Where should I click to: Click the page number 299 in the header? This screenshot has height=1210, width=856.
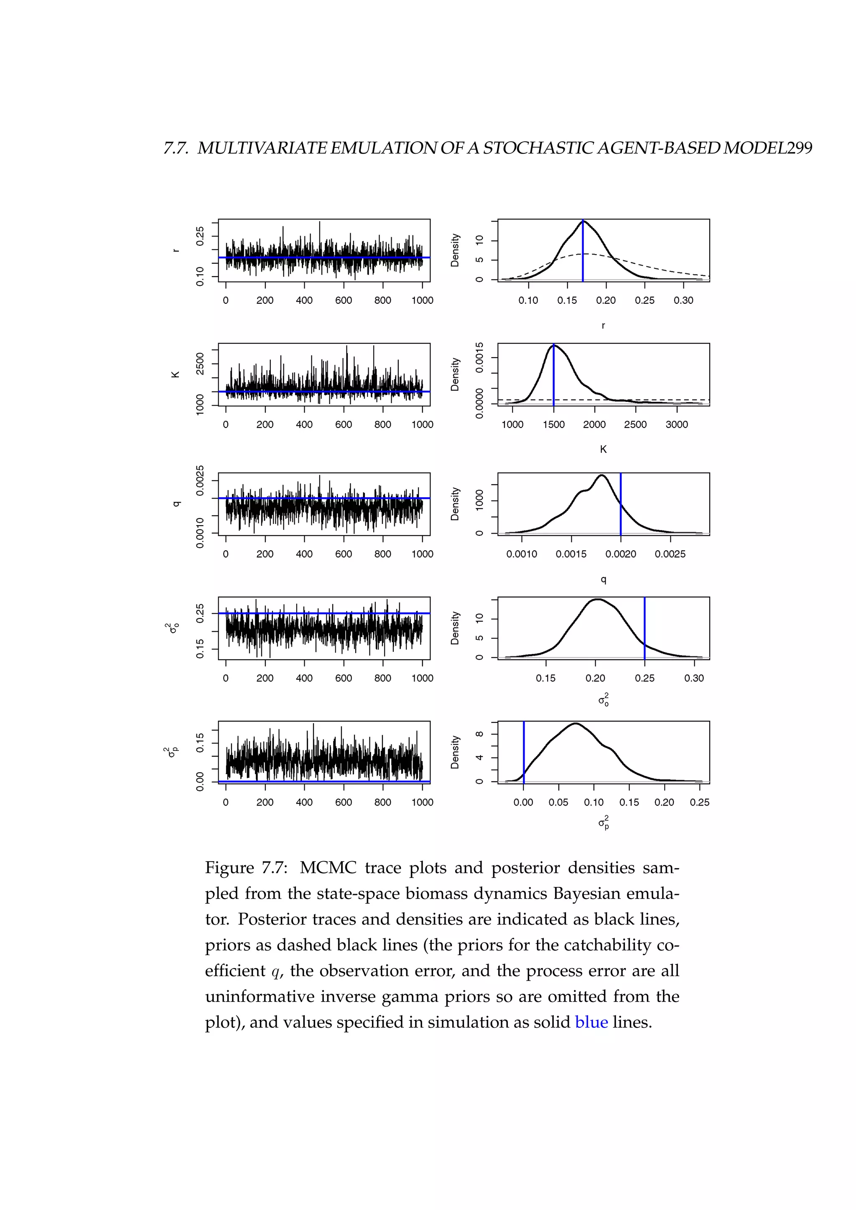click(x=799, y=148)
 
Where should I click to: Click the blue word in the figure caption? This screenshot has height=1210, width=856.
click(x=591, y=1022)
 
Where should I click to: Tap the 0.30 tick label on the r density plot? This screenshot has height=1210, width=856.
click(x=683, y=300)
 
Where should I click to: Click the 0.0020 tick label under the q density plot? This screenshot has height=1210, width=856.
click(x=620, y=554)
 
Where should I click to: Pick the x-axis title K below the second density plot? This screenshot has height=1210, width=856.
click(x=604, y=450)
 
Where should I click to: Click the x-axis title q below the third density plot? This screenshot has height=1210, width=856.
click(x=604, y=580)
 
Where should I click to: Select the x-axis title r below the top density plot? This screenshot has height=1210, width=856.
click(x=604, y=325)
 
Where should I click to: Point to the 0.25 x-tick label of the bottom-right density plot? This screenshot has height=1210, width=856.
click(x=699, y=803)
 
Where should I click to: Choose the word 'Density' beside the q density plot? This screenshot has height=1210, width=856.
click(x=455, y=504)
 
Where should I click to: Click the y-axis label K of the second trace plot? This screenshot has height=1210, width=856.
click(x=176, y=374)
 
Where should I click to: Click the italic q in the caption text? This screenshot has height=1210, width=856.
click(x=274, y=971)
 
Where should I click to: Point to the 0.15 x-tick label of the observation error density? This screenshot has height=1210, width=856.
click(x=545, y=678)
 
